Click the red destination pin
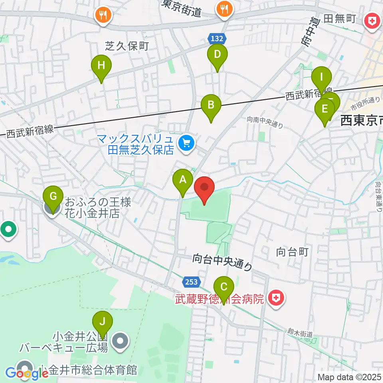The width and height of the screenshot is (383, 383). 204,188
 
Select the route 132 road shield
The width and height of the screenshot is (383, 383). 217,39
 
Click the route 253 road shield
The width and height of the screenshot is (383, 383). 191,282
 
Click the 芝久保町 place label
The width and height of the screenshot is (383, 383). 126,46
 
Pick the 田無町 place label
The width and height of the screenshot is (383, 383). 340,19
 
